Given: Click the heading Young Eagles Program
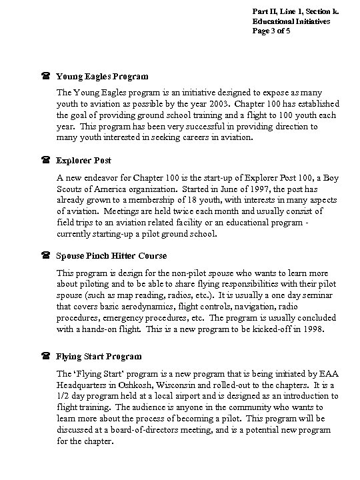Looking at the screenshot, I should coord(102,77).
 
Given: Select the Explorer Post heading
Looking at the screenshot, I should coord(83,161).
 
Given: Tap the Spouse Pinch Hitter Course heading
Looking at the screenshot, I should coord(111,256).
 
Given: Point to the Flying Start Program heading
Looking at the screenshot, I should coord(99,357).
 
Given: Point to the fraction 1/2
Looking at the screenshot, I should coord(63,395).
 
